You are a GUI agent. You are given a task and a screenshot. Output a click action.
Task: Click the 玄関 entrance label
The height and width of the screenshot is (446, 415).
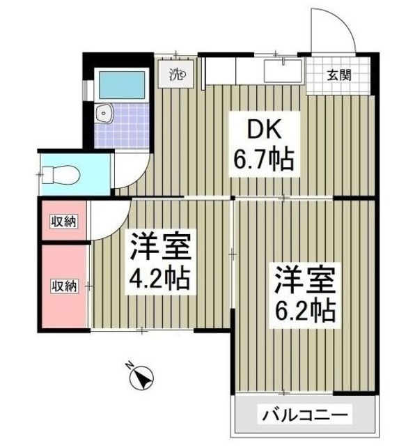(x=339, y=75)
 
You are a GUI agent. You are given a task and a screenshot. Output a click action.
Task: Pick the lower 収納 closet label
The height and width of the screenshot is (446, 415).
(x=63, y=285)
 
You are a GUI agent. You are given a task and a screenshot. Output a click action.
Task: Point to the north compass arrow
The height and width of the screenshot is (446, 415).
(x=143, y=378)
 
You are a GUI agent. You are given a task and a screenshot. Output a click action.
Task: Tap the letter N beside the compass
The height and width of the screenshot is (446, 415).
(x=129, y=364)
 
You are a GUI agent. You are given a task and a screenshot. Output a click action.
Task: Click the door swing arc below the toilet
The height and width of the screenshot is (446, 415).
(x=108, y=216)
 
